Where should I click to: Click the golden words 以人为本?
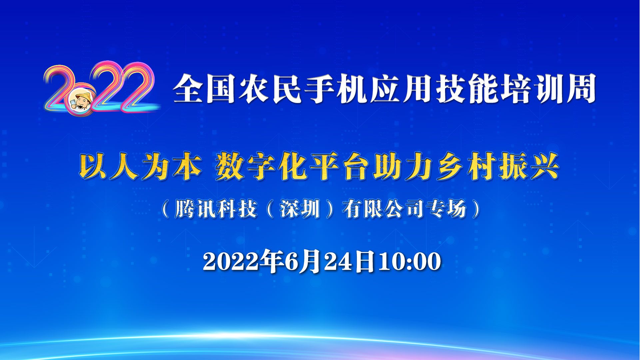point(140,166)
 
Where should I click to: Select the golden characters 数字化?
point(261,166)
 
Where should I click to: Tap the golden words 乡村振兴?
point(498,166)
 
